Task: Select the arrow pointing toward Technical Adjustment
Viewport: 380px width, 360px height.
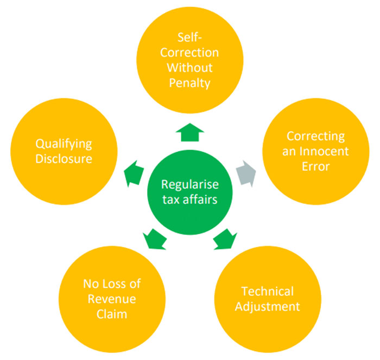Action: (223, 238)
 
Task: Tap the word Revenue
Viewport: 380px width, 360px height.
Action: (114, 299)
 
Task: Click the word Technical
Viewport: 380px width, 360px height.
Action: (268, 291)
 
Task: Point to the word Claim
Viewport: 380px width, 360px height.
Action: (114, 313)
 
